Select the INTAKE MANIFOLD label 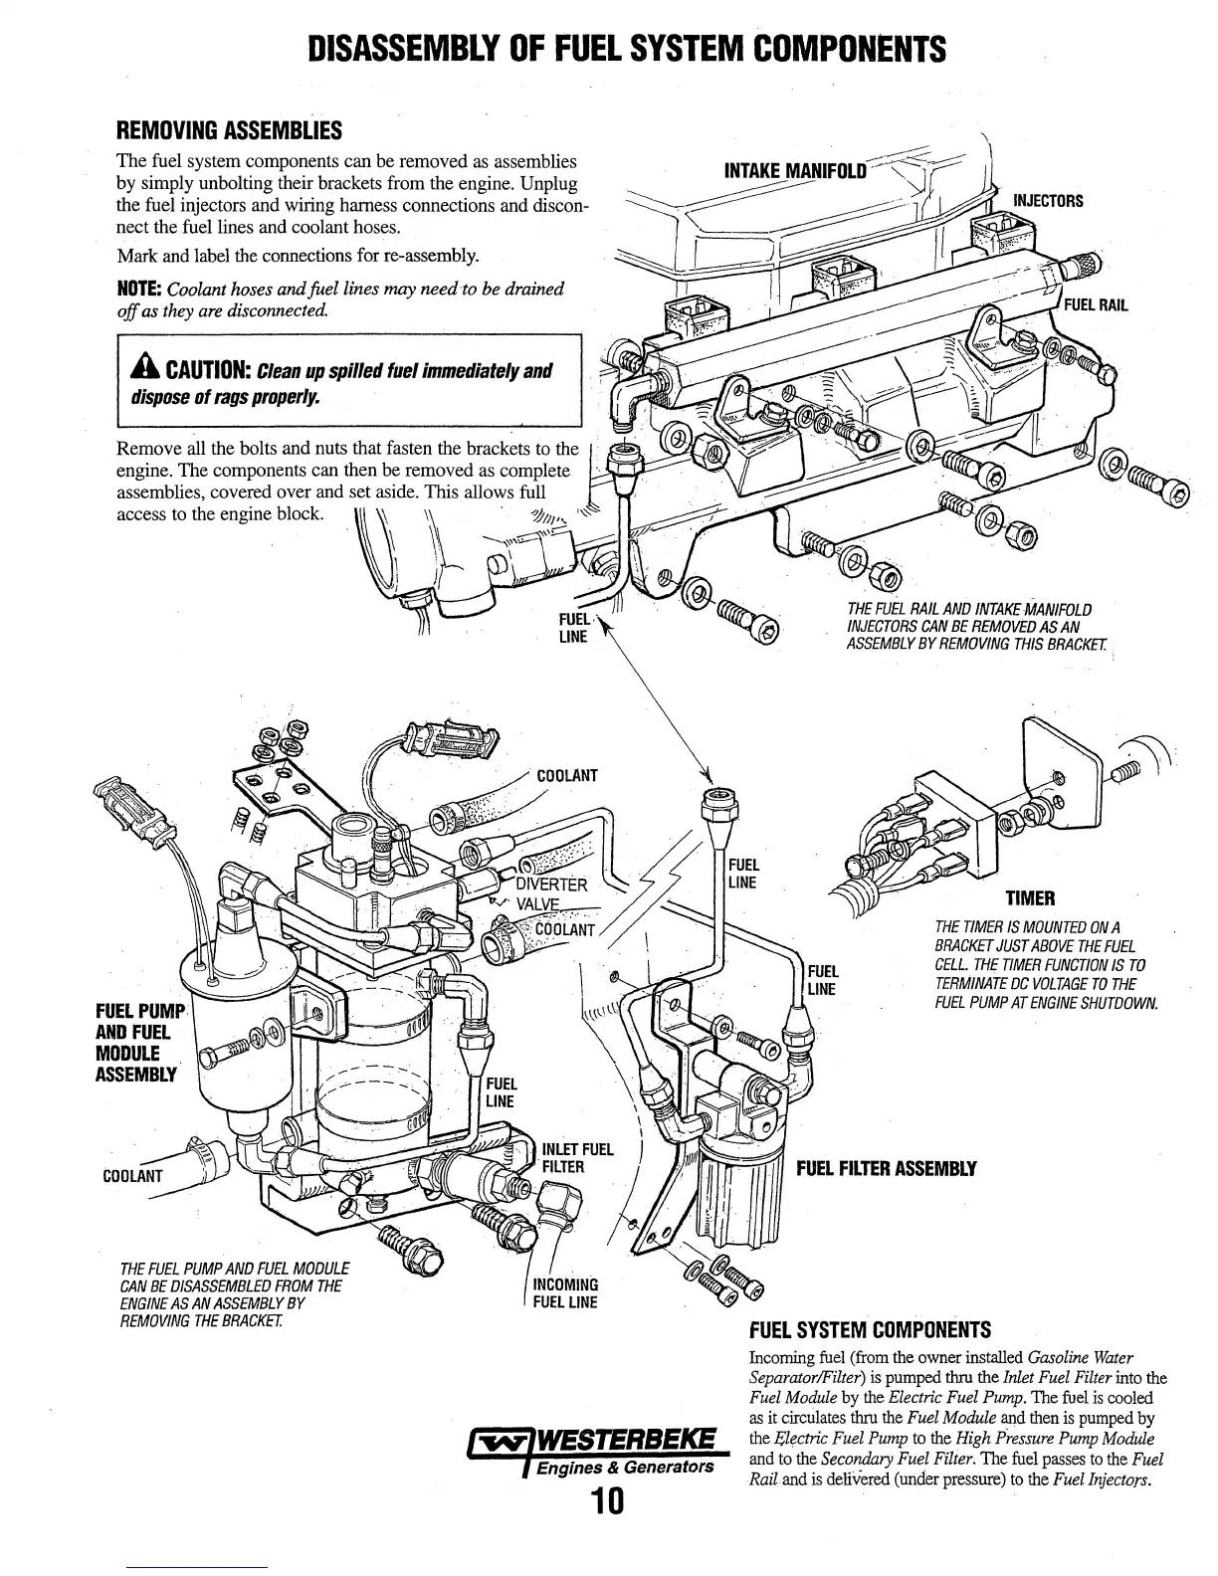[789, 168]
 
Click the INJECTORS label [1047, 201]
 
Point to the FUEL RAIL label [1096, 304]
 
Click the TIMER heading [1029, 899]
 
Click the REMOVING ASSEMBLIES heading [229, 130]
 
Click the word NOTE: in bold [138, 290]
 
